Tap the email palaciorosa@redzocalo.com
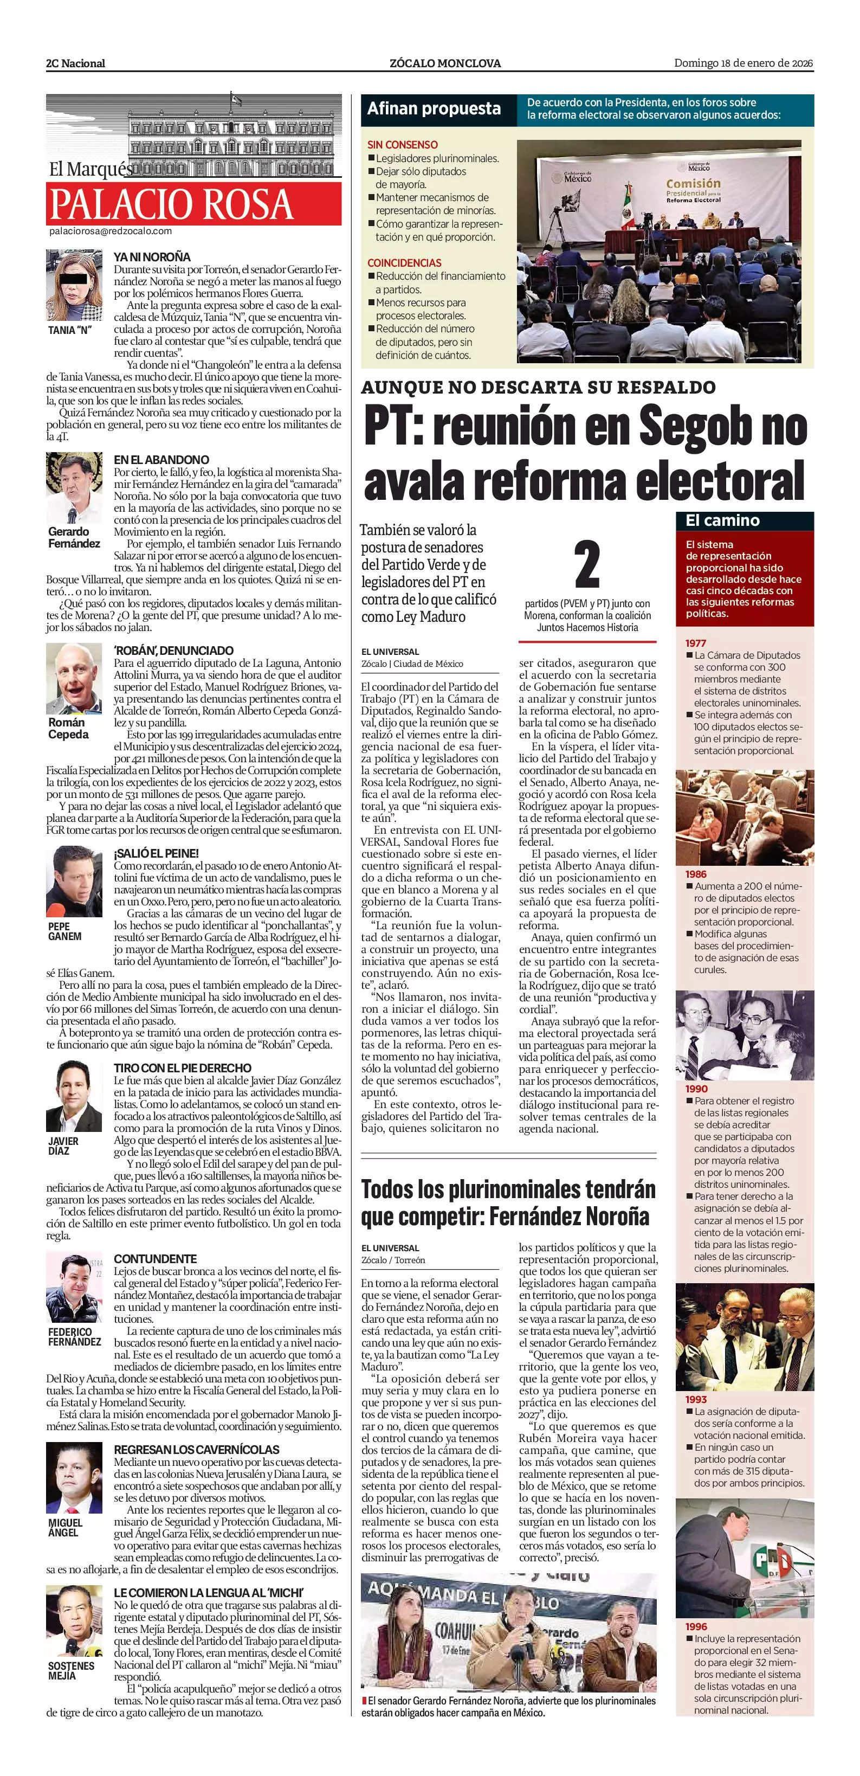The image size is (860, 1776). point(110,231)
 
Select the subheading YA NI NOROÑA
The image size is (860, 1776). point(152,257)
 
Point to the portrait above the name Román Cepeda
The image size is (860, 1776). point(74,679)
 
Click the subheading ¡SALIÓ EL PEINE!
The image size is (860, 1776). point(156,853)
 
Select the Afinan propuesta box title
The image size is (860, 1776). point(434,109)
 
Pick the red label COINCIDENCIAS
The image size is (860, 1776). point(404,263)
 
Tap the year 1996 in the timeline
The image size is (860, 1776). point(696,1626)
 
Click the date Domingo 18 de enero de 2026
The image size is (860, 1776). point(743,63)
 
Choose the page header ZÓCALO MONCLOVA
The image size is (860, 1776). point(445,63)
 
